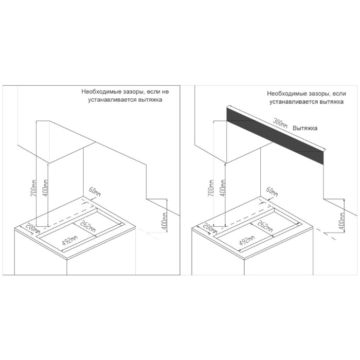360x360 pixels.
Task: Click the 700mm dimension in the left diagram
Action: (34, 188)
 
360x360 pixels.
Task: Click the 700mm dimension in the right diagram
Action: (211, 188)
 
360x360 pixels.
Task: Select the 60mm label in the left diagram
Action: (94, 191)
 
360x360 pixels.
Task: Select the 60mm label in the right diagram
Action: (272, 192)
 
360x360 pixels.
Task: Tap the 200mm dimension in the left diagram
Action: (33, 228)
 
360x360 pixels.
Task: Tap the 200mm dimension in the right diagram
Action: (210, 228)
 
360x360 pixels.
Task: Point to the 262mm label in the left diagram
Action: (88, 226)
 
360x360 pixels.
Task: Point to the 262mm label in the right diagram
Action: (265, 226)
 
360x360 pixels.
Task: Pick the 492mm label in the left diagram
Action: (70, 240)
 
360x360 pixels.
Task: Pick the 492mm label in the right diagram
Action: (247, 240)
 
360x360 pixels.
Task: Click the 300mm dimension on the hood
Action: (280, 123)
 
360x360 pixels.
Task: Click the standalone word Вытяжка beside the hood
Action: (305, 128)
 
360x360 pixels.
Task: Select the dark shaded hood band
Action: (275, 136)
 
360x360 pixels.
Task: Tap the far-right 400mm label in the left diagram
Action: (164, 221)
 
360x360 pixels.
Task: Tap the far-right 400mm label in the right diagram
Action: (342, 221)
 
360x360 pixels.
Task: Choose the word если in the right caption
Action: (339, 94)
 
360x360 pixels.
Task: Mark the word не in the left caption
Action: (165, 92)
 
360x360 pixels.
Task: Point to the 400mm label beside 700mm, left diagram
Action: (46, 188)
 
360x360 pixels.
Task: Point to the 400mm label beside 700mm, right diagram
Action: (222, 188)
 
